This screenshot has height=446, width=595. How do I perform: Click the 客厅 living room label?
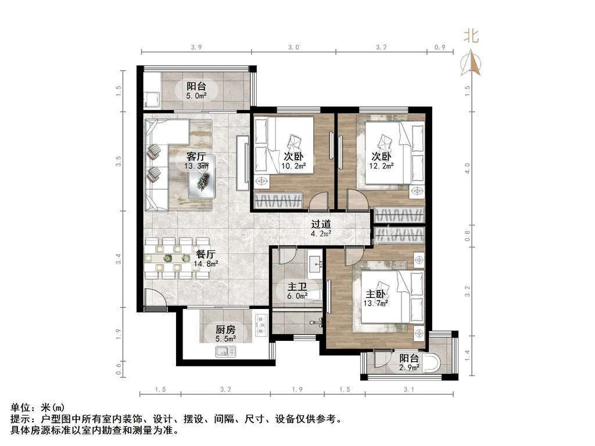pyautogui.click(x=196, y=156)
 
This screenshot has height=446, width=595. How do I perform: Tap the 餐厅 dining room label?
pyautogui.click(x=206, y=254)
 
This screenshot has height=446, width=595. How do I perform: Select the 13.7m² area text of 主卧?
pyautogui.click(x=375, y=303)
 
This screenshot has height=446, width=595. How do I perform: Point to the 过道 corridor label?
pyautogui.click(x=321, y=224)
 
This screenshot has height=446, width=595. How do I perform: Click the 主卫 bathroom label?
pyautogui.click(x=297, y=287)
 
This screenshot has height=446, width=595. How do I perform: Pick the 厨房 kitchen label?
pyautogui.click(x=225, y=330)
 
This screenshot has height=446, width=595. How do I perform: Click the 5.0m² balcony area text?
pyautogui.click(x=196, y=96)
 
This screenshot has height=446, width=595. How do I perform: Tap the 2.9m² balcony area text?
pyautogui.click(x=409, y=367)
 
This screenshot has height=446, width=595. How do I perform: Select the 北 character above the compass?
pyautogui.click(x=471, y=36)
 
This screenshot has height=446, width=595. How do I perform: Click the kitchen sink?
pyautogui.click(x=226, y=351)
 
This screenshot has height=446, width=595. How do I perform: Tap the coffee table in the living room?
pyautogui.click(x=203, y=177)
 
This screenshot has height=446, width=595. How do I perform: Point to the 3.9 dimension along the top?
pyautogui.click(x=196, y=48)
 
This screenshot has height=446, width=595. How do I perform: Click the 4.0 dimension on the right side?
pyautogui.click(x=467, y=168)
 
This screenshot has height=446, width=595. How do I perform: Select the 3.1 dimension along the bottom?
pyautogui.click(x=408, y=389)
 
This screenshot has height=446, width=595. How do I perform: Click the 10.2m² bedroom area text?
pyautogui.click(x=293, y=166)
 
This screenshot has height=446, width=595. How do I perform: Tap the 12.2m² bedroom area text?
pyautogui.click(x=381, y=166)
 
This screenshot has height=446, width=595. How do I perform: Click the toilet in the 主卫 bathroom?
pyautogui.click(x=314, y=294)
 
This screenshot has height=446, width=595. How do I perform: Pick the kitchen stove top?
pyautogui.click(x=261, y=325)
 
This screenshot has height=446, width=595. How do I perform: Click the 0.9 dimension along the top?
pyautogui.click(x=439, y=48)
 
